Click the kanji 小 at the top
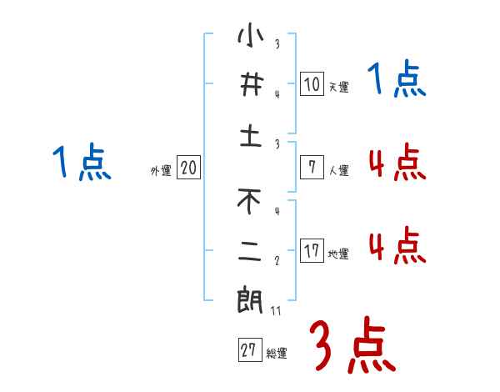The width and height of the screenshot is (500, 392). (251, 37)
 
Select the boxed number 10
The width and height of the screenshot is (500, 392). (312, 84)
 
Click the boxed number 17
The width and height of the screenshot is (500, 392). (312, 251)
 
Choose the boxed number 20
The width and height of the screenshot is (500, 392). (188, 168)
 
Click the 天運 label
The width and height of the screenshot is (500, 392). (338, 87)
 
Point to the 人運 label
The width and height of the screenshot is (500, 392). (338, 170)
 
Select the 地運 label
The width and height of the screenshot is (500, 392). (338, 254)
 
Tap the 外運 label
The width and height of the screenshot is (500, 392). (161, 170)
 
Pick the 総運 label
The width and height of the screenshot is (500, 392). (276, 353)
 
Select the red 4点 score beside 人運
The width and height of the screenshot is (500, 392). (397, 163)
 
